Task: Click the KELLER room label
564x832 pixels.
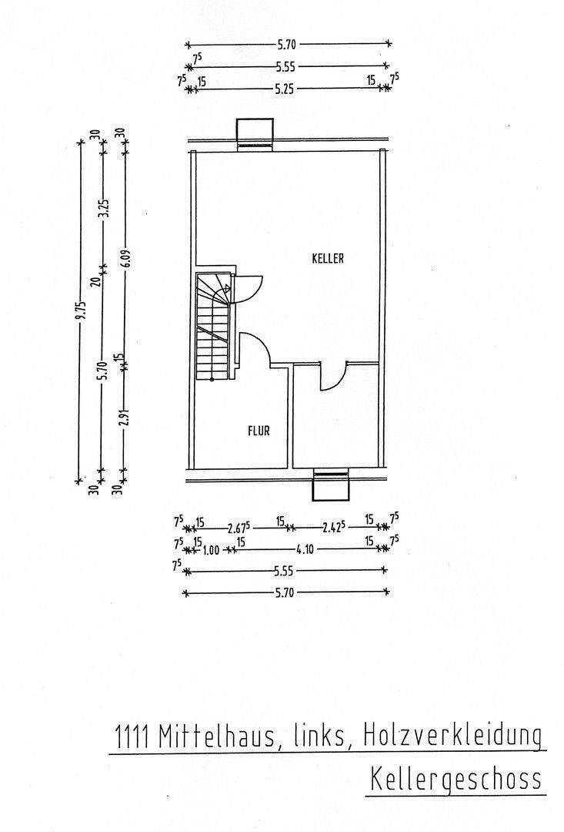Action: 328,259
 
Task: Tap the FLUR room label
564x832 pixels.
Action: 259,431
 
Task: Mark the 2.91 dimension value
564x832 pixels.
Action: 124,418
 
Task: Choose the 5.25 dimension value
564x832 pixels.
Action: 285,89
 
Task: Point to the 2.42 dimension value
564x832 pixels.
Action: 332,528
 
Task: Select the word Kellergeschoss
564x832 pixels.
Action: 456,779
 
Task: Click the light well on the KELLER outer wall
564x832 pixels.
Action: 255,132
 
